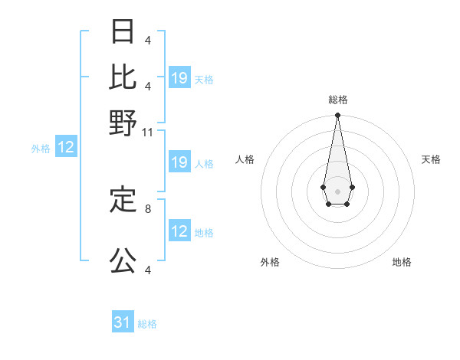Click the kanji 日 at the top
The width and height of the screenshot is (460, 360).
pos(123,31)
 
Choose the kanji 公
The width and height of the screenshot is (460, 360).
pos(123,261)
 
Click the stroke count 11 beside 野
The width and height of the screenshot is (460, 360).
pos(148,133)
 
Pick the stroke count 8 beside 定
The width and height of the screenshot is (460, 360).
pos(148,208)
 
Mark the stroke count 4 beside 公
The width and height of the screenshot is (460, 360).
pos(148,270)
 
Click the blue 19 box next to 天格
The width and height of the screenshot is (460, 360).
pos(179,78)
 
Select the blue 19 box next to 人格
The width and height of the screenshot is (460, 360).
pos(179,162)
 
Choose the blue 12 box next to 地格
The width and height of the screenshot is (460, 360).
pos(179,231)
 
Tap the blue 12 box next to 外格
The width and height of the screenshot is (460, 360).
pos(66,148)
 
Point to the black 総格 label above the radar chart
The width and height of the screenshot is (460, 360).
pos(338,100)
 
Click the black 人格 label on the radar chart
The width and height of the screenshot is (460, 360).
pos(245,159)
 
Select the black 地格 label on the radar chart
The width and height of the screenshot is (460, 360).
pos(402,262)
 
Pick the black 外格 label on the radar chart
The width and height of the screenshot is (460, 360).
pos(270,262)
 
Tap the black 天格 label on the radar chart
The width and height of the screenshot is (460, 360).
pos(431,159)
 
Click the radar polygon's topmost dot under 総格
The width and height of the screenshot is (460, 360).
pos(337,116)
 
